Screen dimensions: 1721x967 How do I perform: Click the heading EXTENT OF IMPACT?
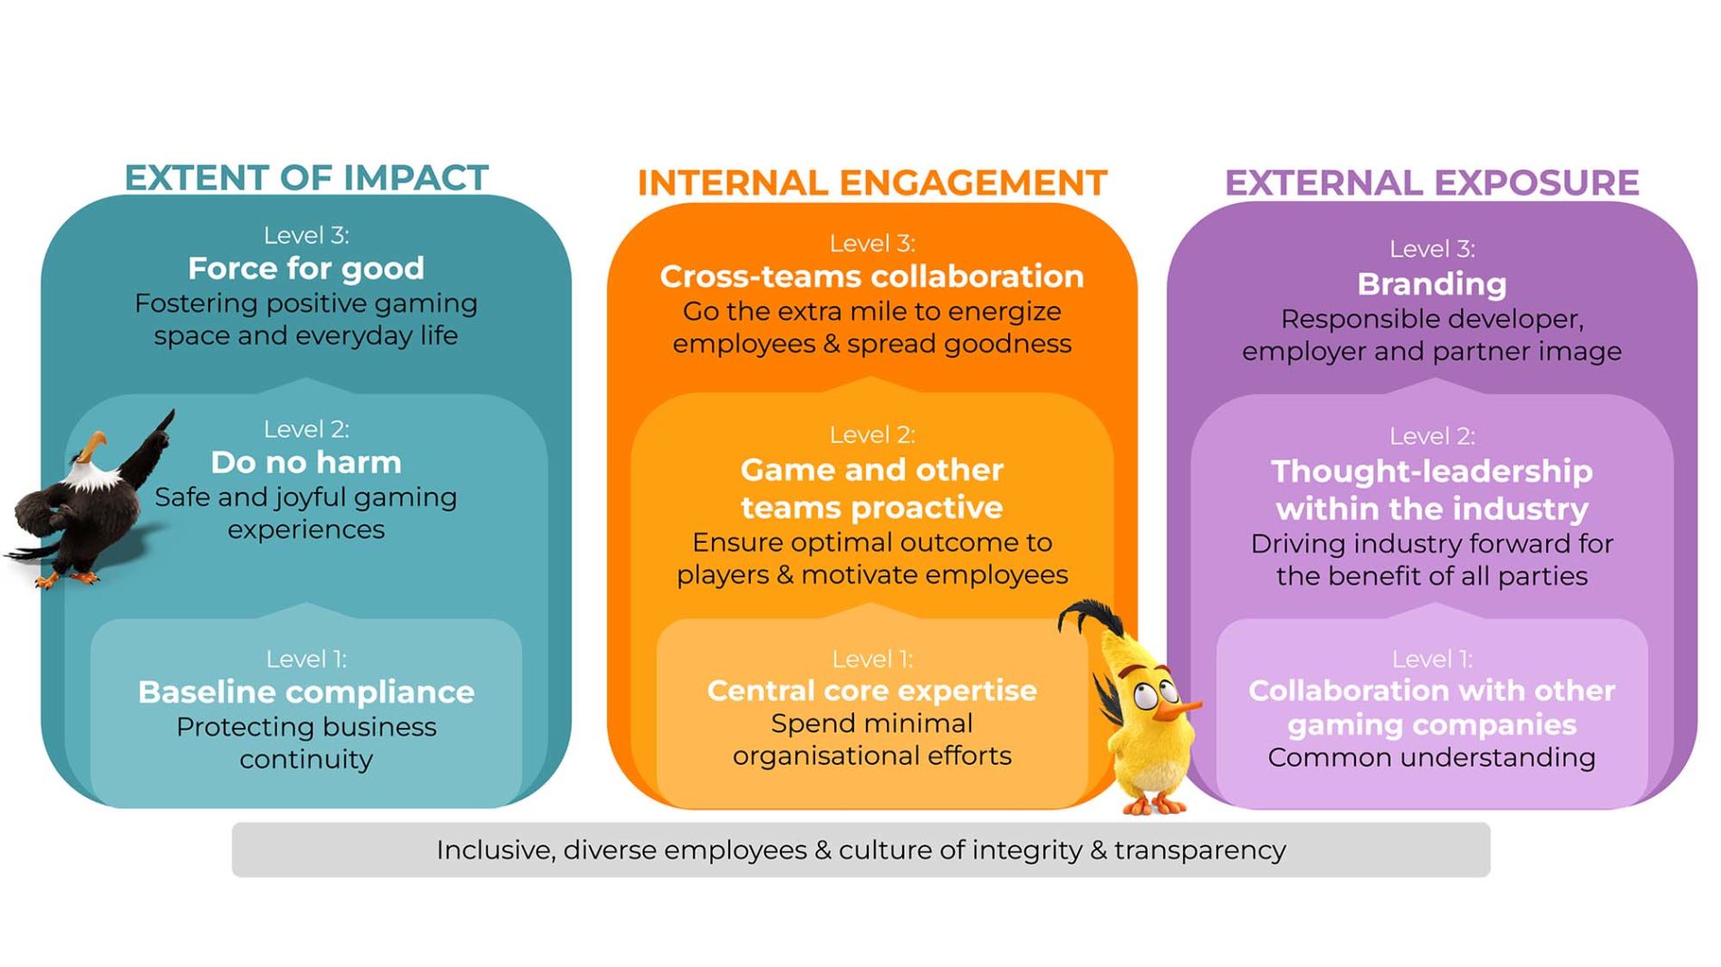click(306, 178)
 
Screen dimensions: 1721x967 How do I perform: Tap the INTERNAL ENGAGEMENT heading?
click(872, 183)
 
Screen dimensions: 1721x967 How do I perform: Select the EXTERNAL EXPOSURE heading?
click(1432, 183)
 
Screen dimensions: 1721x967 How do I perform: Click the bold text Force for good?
click(306, 268)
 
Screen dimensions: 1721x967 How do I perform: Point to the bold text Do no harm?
click(306, 462)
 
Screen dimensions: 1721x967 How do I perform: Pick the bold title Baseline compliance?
click(306, 692)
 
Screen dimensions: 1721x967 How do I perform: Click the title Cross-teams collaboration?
click(872, 276)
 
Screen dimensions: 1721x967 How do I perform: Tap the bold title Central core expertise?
click(872, 691)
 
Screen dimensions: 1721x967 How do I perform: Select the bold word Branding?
click(1432, 285)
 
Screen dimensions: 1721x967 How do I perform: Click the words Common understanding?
click(1432, 758)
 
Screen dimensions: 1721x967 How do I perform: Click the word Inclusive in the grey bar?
click(495, 850)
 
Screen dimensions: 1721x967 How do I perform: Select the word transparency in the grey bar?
click(1200, 851)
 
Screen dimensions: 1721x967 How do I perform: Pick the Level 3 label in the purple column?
click(1432, 249)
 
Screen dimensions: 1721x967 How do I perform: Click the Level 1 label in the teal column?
click(306, 659)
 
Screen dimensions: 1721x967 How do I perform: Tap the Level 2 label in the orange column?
click(872, 435)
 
